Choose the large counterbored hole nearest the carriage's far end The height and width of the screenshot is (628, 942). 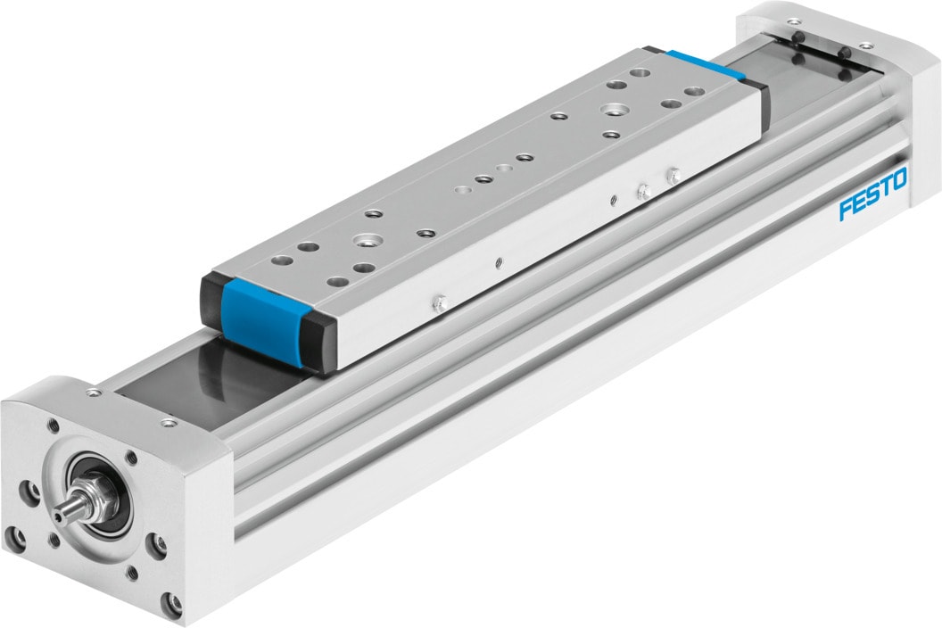click(612, 110)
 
